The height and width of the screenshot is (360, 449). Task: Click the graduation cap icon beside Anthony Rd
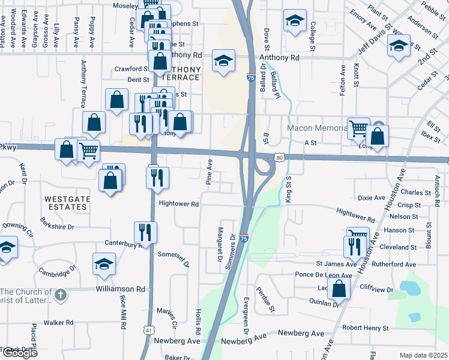223,61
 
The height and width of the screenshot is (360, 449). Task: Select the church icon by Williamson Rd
60,295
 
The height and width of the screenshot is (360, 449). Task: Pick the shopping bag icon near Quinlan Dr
339,289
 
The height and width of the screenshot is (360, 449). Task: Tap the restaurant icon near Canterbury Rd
145,231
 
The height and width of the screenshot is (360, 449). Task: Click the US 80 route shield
279,157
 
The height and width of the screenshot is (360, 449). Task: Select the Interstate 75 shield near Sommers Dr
244,238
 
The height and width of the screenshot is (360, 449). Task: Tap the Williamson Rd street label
121,289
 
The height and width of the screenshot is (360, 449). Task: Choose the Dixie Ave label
371,197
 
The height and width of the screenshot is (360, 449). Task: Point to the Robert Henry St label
365,328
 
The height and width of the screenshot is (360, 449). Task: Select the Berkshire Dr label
58,227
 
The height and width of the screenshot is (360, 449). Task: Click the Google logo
20,353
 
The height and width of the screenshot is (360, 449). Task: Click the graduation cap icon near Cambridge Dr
104,263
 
